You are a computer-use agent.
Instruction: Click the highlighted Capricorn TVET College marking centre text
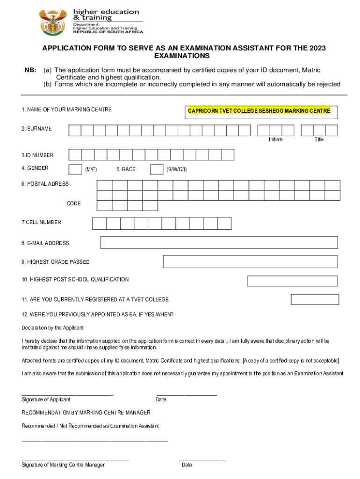(259, 111)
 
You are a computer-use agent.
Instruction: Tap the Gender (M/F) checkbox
(75, 169)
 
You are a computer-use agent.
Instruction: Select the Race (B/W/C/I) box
(156, 169)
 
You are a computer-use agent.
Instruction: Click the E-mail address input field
(219, 242)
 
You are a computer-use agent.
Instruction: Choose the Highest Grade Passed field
(250, 261)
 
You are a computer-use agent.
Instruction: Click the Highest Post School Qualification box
(292, 281)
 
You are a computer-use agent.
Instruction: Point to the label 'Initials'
(275, 140)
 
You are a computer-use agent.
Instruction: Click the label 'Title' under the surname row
(319, 140)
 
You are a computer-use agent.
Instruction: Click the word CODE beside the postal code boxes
(74, 203)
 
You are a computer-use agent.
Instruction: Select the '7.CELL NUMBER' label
(41, 222)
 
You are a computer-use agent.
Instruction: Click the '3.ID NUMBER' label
(37, 155)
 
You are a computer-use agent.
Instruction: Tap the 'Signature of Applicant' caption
(46, 399)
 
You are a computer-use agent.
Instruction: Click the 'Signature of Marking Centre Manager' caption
(63, 464)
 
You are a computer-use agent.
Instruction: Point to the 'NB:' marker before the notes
(30, 70)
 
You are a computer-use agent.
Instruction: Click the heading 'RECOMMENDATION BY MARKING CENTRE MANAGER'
(86, 413)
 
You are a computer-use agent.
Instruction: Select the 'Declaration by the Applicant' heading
(52, 327)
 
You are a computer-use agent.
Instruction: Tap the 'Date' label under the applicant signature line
(161, 399)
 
